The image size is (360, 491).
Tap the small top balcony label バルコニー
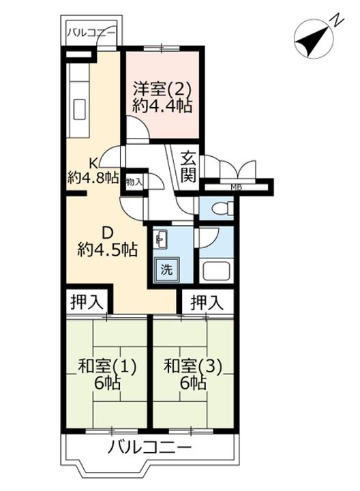(92, 31)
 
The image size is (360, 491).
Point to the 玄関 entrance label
(189, 167)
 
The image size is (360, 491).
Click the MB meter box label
(236, 187)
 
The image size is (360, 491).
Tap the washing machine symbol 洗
(166, 269)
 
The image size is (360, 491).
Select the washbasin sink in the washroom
(161, 239)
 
